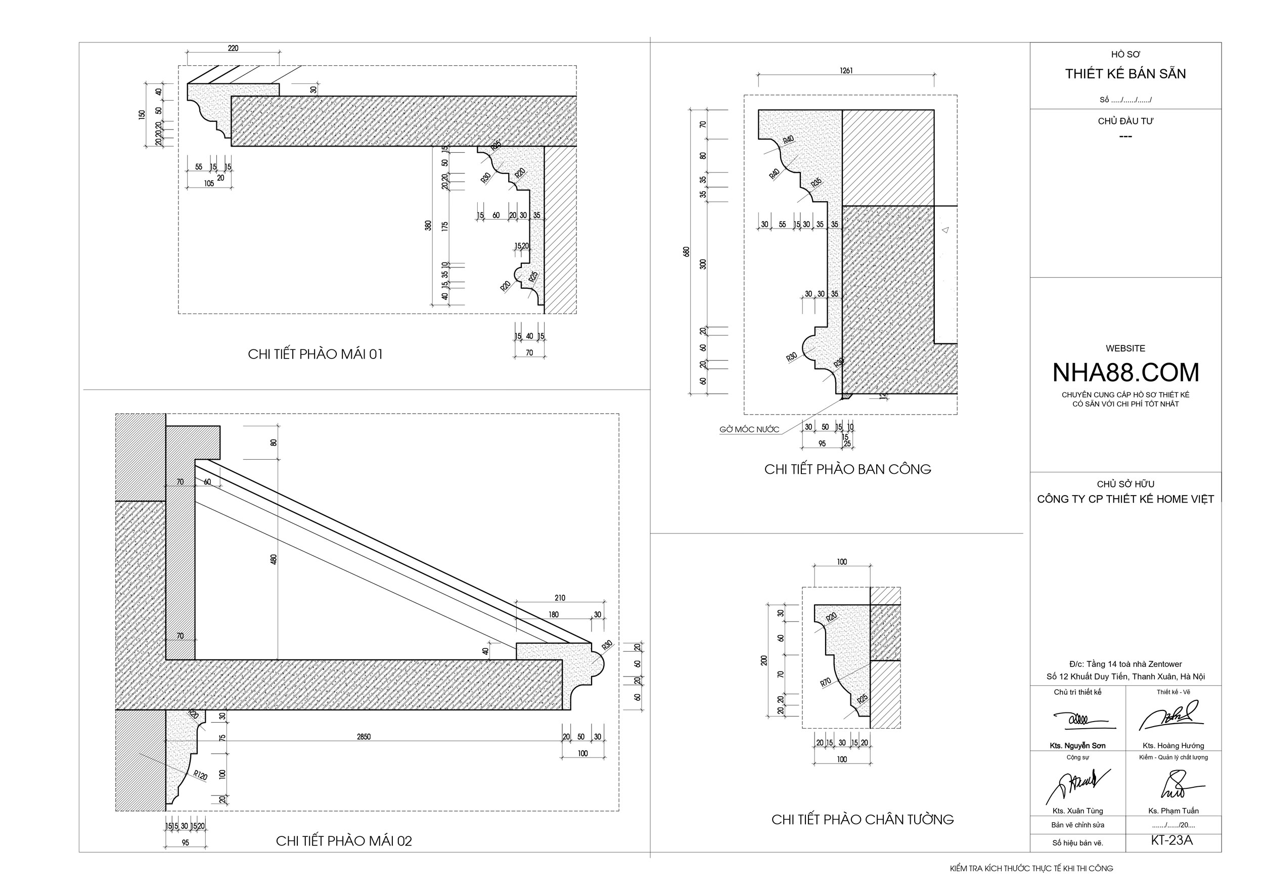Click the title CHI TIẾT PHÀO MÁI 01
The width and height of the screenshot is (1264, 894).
point(315,354)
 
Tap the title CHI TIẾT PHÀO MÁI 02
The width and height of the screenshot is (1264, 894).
point(343,840)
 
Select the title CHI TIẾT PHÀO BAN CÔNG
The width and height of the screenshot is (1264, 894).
point(847,469)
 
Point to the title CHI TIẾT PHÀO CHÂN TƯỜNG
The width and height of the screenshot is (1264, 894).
point(862,819)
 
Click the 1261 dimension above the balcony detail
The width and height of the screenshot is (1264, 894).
point(846,70)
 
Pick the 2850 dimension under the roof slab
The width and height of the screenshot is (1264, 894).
point(364,737)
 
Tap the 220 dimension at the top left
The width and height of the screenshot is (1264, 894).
point(233,49)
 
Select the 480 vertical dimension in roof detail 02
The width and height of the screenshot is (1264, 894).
point(274,559)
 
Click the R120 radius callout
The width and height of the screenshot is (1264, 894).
point(200,776)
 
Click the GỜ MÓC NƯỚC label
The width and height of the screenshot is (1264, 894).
point(749,429)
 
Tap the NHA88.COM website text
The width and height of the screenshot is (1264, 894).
point(1125,373)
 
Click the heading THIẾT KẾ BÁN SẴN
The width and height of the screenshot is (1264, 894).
point(1125,74)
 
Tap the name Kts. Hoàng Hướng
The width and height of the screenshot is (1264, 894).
point(1173,745)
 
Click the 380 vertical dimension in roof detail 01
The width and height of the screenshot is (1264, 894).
point(428,225)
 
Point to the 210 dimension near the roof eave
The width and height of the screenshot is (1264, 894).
point(559,598)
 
